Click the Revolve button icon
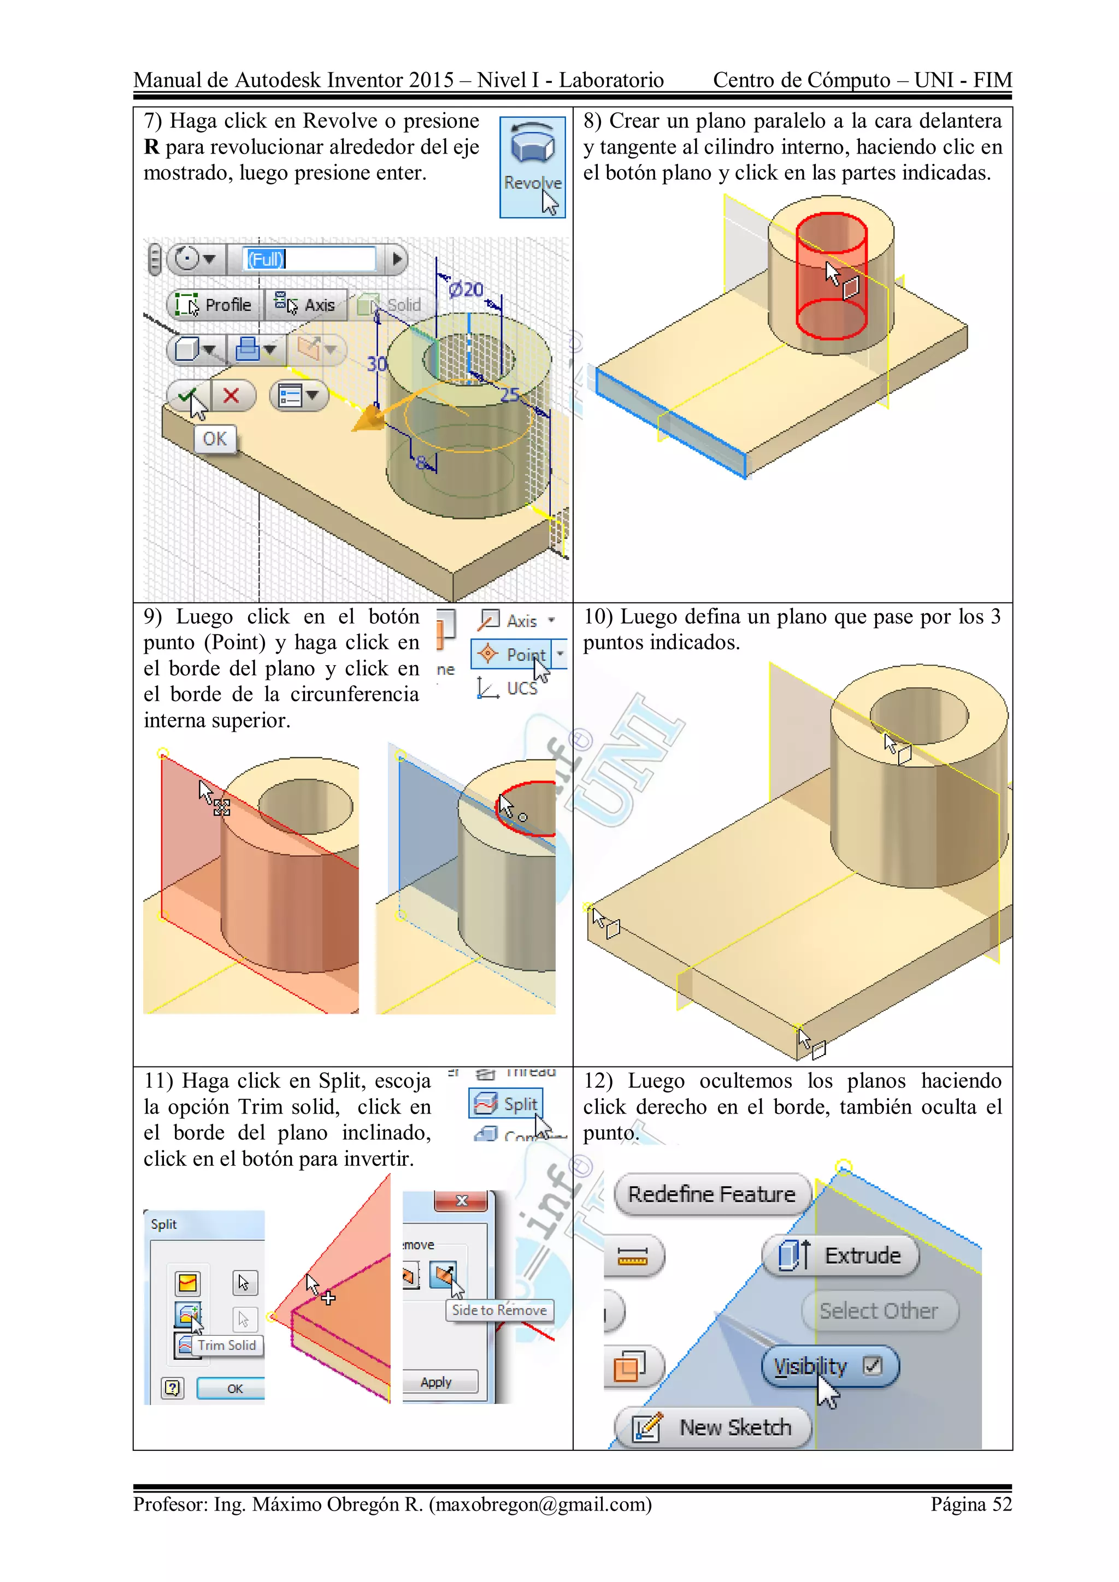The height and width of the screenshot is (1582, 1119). tap(532, 145)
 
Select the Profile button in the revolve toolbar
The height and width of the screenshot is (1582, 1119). tap(214, 305)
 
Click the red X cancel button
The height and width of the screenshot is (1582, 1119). tap(231, 395)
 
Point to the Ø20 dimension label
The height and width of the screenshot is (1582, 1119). tap(466, 289)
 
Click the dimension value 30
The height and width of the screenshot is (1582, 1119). tap(376, 363)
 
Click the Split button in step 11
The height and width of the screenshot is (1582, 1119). tap(507, 1104)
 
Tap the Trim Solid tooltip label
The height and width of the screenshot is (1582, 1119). tap(226, 1345)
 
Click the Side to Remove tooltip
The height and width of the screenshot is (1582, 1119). tap(499, 1310)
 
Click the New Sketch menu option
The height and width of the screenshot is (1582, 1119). tap(713, 1427)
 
